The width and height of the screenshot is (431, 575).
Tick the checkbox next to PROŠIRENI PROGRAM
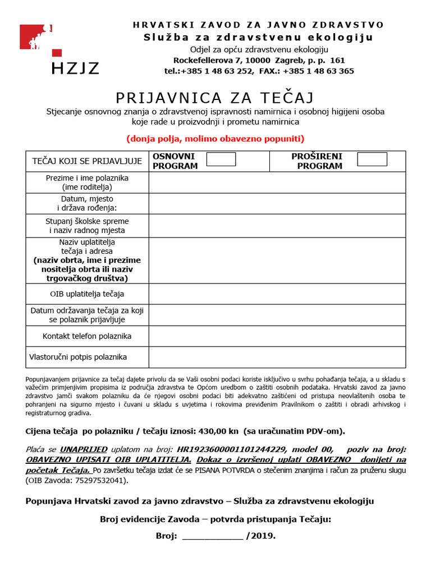372,159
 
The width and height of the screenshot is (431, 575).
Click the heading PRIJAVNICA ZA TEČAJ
214,98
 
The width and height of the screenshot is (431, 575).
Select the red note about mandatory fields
215,138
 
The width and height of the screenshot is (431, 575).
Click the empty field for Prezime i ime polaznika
277,182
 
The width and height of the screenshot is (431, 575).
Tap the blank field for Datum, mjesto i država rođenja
277,203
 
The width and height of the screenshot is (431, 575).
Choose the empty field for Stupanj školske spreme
277,226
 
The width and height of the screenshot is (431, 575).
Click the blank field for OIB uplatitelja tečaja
277,294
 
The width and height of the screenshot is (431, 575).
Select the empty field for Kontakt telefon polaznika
277,336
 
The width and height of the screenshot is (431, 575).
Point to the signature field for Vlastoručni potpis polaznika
277,357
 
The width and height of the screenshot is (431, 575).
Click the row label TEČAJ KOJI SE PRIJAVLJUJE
87,161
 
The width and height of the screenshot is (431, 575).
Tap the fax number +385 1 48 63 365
318,71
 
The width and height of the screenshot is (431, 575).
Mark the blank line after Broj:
213,536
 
